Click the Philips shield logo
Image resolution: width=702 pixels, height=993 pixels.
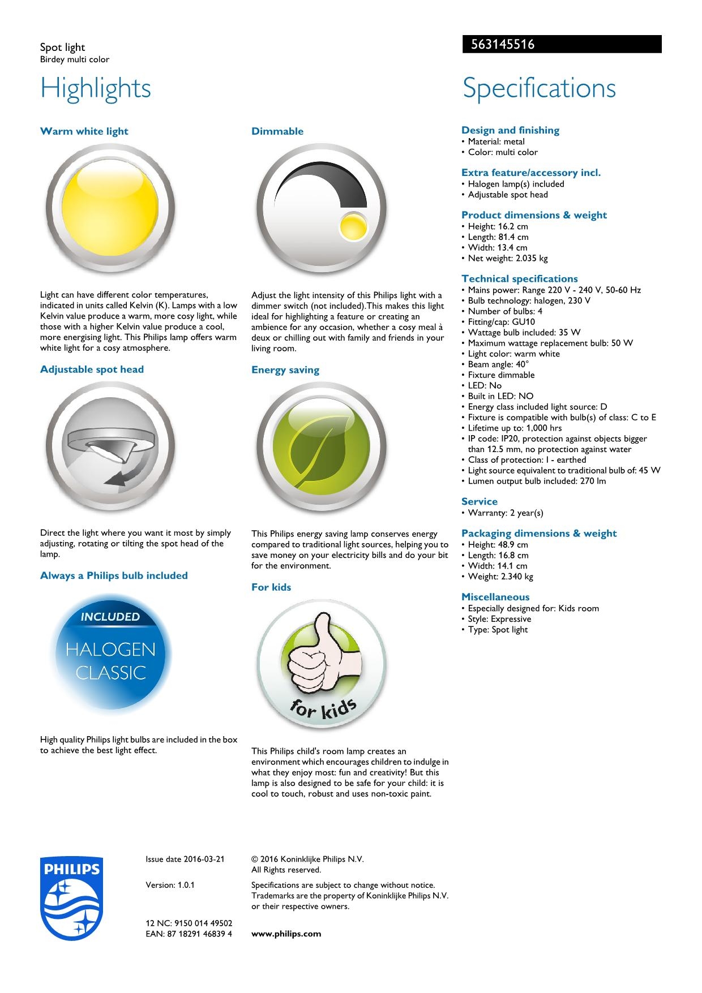tap(72, 899)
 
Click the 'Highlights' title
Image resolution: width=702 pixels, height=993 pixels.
tap(96, 88)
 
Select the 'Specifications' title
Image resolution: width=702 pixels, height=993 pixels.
tap(539, 88)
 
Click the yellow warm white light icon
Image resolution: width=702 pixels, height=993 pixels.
tap(110, 208)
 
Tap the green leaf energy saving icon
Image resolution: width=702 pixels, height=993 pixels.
tap(321, 447)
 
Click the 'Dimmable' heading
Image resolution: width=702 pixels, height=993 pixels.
tap(277, 131)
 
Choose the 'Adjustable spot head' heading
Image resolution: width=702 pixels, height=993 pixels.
tap(92, 369)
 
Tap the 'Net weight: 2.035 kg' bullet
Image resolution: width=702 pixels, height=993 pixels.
tap(507, 259)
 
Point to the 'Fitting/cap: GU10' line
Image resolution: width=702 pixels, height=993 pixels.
tap(501, 322)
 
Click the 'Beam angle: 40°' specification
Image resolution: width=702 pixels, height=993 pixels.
tap(498, 364)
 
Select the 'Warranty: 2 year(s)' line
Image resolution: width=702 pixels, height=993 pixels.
tap(505, 513)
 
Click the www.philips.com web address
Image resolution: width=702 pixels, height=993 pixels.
tap(286, 934)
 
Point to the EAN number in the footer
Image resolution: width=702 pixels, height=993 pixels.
tap(189, 934)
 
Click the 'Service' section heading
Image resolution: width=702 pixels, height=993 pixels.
tap(480, 501)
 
